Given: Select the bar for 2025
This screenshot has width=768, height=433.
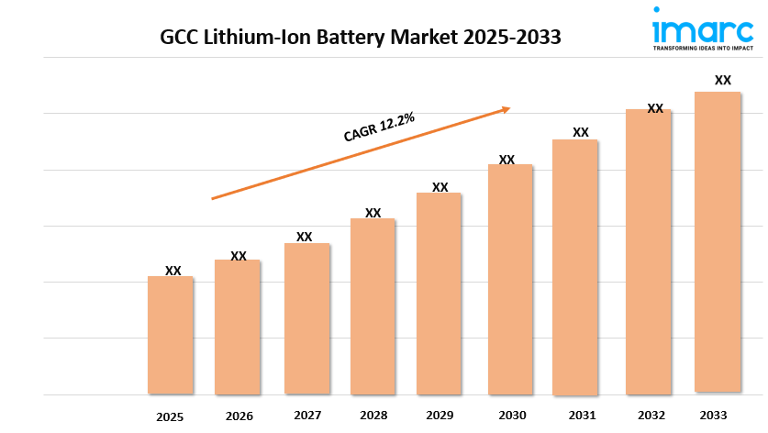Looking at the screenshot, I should point(171,335).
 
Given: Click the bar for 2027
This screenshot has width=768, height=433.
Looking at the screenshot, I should point(306,318).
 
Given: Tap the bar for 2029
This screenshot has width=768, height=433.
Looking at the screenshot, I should point(439,294).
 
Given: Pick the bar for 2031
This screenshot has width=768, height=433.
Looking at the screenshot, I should point(574,267).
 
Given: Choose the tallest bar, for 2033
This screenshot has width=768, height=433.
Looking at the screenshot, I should point(717,242).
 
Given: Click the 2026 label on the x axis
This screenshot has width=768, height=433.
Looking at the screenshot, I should point(239,416).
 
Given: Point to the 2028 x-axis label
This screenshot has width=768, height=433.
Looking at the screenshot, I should point(373,416).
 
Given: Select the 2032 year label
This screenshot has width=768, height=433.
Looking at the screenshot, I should point(652,415).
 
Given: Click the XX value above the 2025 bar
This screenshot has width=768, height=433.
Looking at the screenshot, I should point(173,271).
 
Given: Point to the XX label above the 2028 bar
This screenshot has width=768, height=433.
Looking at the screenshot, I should point(373,213).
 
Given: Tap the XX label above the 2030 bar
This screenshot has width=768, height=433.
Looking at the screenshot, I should point(506,160).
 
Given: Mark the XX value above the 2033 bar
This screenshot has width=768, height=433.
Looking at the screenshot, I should point(723,81).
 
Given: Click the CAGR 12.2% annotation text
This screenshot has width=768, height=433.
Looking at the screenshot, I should point(379,127).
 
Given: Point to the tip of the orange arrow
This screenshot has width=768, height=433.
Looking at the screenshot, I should point(509,108).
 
